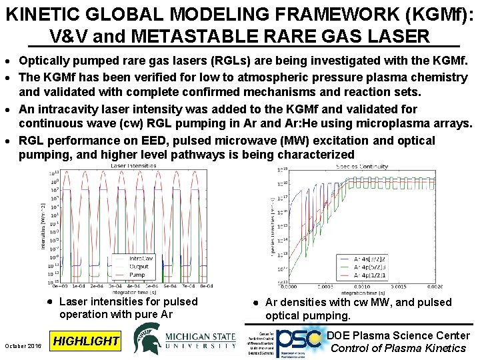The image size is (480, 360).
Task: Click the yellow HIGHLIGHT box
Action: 85,341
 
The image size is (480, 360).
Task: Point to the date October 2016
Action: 23,345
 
